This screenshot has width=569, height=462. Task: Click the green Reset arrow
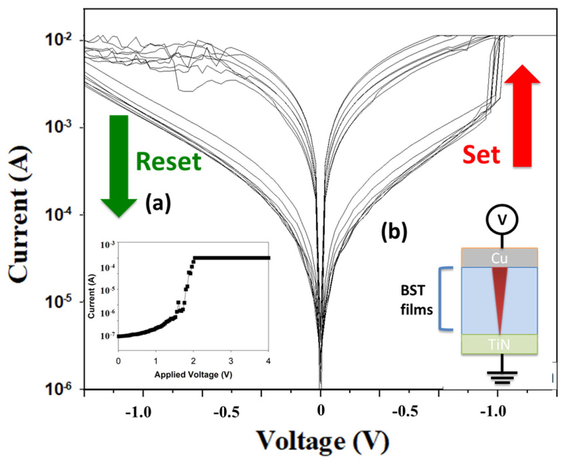coord(119,165)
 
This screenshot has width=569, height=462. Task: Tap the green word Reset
coord(168,162)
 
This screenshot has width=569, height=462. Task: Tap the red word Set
coord(481,155)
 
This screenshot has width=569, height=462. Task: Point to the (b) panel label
coord(394,232)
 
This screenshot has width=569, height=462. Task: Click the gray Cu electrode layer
coord(499,258)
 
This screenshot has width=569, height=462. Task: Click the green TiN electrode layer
coord(499,345)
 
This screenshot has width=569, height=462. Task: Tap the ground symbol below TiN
coord(502,377)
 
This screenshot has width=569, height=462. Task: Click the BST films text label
coord(416,300)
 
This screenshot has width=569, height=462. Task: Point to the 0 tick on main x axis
coord(321,411)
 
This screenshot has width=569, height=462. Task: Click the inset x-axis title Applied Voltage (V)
coord(193,375)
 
